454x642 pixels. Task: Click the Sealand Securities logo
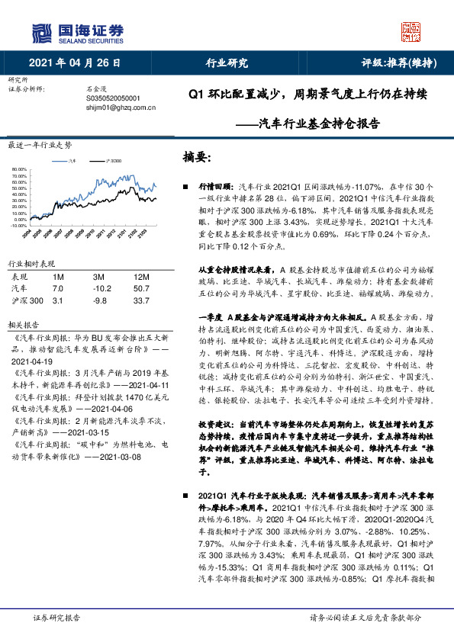[76, 31]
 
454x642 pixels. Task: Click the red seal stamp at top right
[411, 31]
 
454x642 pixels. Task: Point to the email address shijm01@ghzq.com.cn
[121, 108]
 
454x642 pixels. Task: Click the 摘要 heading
[196, 157]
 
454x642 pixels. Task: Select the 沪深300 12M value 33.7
[140, 300]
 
